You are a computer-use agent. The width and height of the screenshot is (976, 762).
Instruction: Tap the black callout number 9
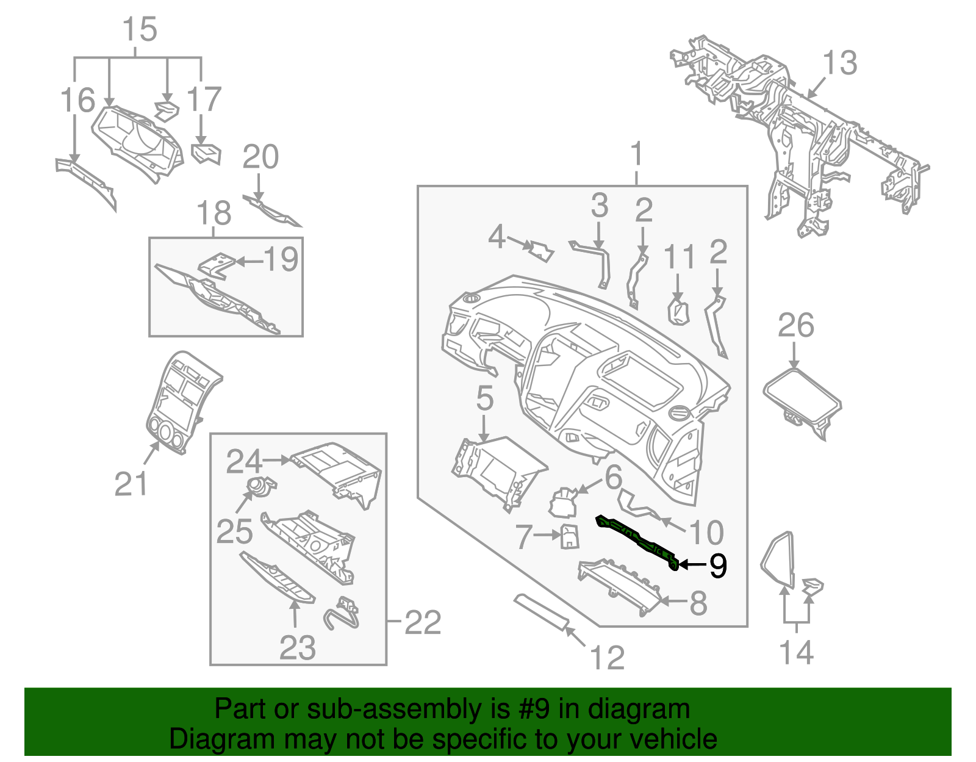tap(717, 566)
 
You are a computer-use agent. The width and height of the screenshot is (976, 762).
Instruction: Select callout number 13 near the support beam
tap(840, 63)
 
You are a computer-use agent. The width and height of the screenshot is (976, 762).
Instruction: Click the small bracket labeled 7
tap(570, 536)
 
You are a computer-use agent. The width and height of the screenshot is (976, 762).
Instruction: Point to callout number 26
tap(795, 326)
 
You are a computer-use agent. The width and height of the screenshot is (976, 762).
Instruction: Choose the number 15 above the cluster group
tap(140, 29)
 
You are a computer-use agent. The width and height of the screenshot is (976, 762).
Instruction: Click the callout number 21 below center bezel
tap(131, 484)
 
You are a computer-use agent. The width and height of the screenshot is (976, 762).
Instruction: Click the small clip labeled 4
tap(541, 250)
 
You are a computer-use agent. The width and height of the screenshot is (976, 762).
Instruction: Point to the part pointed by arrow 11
tap(678, 311)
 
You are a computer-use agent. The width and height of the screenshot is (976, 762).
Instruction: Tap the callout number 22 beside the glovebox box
tap(423, 622)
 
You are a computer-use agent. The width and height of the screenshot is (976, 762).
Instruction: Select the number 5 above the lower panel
tap(484, 398)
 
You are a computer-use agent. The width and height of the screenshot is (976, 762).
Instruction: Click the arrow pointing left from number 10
tap(672, 524)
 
